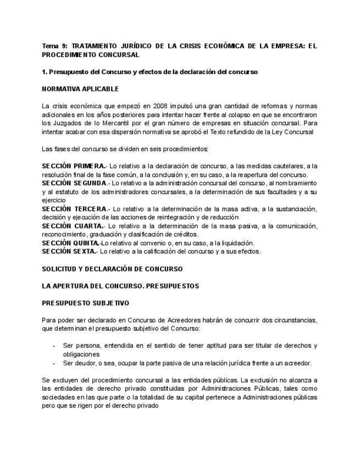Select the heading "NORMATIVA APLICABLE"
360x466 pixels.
pyautogui.click(x=80, y=88)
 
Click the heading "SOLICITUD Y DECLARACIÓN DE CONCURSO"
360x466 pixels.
pyautogui.click(x=112, y=269)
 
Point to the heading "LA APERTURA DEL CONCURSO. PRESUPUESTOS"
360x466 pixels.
pyautogui.click(x=120, y=286)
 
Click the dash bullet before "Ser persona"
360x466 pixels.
pyautogui.click(x=53, y=346)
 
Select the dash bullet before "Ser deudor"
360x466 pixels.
pyautogui.click(x=53, y=363)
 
